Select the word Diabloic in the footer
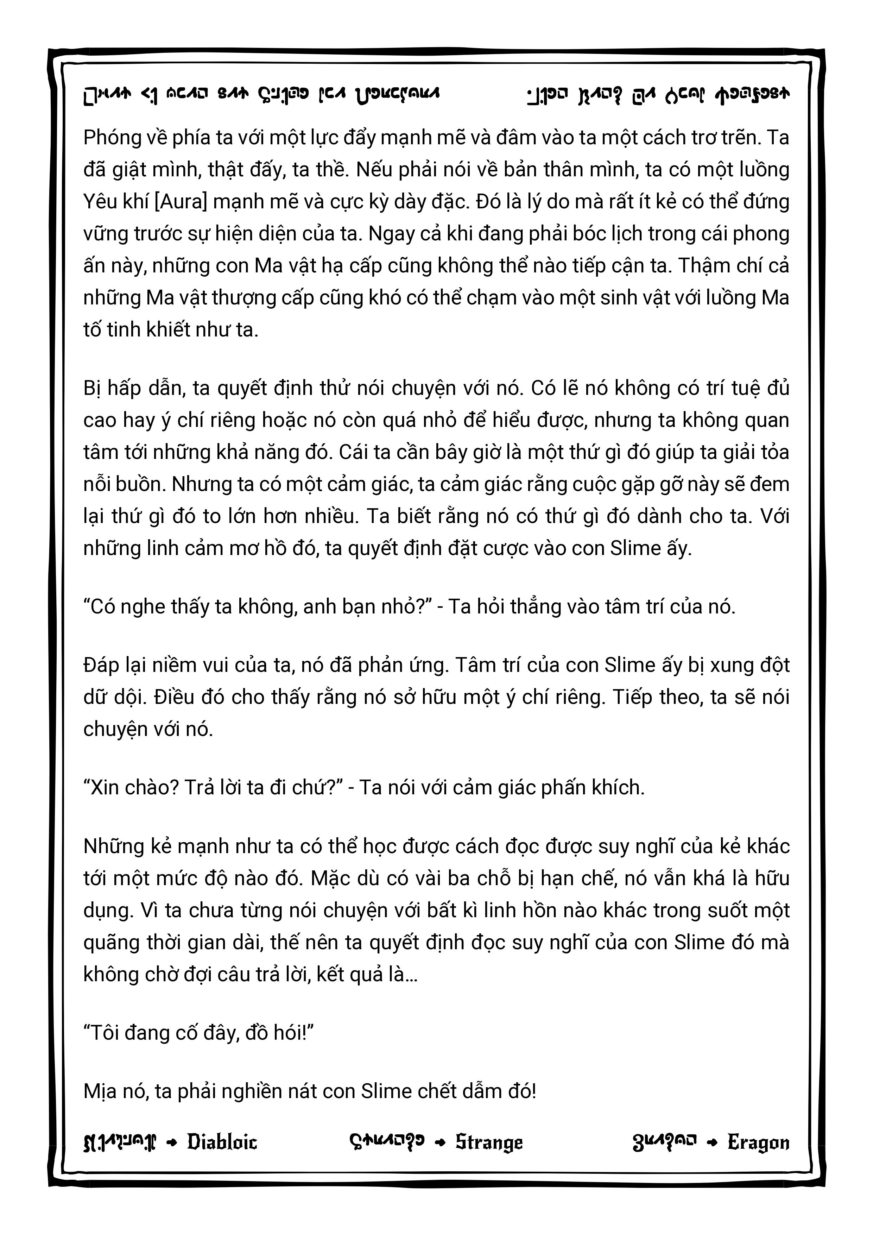[x=222, y=1142]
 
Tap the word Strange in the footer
[x=489, y=1142]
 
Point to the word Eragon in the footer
[x=758, y=1142]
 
